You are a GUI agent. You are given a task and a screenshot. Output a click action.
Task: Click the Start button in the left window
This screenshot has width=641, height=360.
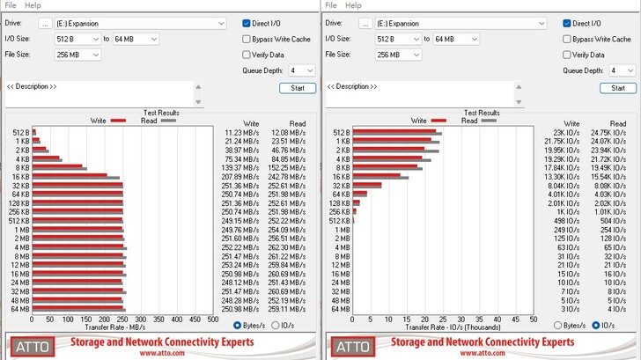coord(298,88)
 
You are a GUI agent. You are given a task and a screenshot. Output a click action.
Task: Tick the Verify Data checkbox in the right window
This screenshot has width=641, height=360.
coord(567,55)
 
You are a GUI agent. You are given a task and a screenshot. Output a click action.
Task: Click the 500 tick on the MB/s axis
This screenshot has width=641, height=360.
coord(212,320)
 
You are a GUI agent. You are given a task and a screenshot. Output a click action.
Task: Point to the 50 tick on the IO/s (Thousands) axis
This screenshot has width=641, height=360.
coord(533,320)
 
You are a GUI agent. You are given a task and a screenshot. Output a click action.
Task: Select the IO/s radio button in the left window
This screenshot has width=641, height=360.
coord(276,326)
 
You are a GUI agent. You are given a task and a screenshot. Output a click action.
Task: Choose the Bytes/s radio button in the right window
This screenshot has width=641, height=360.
coord(558,326)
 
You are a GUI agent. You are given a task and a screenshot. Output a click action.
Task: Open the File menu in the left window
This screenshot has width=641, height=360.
coord(11,5)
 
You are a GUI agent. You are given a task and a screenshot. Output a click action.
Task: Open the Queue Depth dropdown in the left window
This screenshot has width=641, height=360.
coord(301,70)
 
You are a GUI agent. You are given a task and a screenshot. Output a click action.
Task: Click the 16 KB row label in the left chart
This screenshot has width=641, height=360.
coord(21,177)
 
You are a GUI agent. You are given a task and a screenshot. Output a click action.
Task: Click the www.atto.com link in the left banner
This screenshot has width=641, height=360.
coord(162,353)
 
